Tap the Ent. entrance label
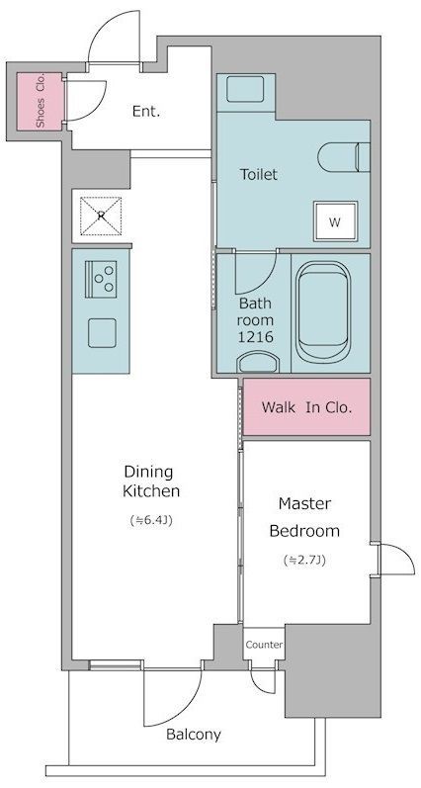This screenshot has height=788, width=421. [146, 112]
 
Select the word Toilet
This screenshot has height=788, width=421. [259, 174]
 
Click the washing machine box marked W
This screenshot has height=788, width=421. [336, 221]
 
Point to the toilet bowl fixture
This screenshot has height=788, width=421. [344, 157]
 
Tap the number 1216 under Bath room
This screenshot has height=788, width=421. [256, 337]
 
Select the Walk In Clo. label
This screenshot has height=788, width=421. [306, 407]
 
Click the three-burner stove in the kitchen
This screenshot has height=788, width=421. [101, 279]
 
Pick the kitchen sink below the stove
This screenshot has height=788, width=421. [102, 332]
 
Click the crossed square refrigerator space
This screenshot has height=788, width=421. [101, 217]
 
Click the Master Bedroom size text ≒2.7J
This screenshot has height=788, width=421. [305, 560]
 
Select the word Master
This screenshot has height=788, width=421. [305, 502]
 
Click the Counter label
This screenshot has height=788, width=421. [264, 645]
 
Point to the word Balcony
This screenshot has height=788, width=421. [194, 735]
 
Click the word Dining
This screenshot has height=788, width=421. [148, 472]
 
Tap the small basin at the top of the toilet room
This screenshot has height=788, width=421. [245, 90]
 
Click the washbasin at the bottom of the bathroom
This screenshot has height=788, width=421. [258, 362]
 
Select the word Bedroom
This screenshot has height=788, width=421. [304, 531]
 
